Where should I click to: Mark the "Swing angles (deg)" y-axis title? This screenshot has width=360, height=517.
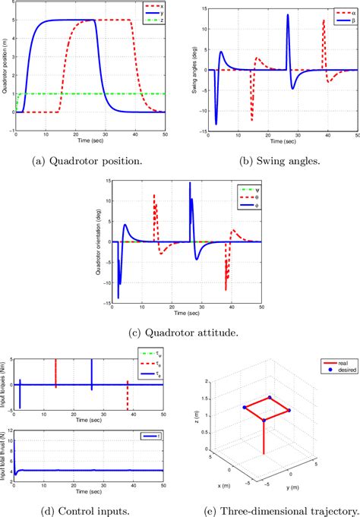[194, 68]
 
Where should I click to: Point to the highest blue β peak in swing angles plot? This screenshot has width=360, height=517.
[287, 15]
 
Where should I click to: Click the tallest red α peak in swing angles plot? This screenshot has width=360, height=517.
[324, 20]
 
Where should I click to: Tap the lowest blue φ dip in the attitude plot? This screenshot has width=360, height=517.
[118, 298]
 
